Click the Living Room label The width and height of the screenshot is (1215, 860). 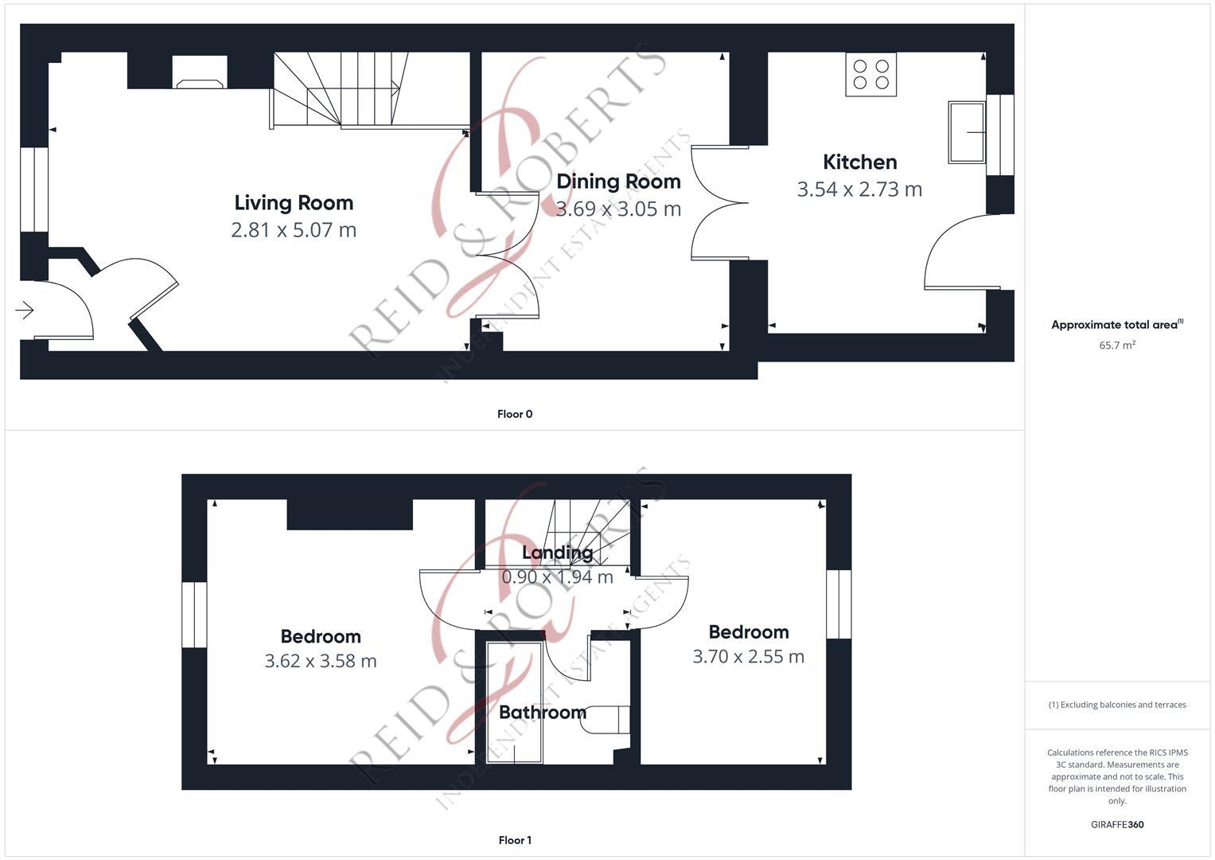294,203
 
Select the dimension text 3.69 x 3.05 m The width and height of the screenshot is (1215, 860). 618,209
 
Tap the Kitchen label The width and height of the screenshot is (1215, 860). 859,162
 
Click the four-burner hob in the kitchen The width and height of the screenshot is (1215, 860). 870,75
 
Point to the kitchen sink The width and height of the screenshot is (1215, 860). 967,132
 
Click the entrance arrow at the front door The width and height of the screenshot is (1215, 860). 25,310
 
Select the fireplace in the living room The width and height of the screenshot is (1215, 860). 200,73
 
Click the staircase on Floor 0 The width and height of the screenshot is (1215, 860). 342,89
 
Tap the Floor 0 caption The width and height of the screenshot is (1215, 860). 515,414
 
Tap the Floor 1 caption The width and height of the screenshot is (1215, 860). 515,840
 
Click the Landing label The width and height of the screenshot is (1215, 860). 557,553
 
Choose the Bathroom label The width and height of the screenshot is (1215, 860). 542,713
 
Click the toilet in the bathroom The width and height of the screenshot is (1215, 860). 609,720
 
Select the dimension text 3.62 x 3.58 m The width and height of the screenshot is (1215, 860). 321,661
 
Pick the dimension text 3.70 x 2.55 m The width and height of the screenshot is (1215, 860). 748,657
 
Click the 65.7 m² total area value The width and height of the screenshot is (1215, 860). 1117,346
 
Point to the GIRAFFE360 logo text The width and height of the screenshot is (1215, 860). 1117,825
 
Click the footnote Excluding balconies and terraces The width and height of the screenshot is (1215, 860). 1117,705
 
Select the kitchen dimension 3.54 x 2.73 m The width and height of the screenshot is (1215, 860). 859,190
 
